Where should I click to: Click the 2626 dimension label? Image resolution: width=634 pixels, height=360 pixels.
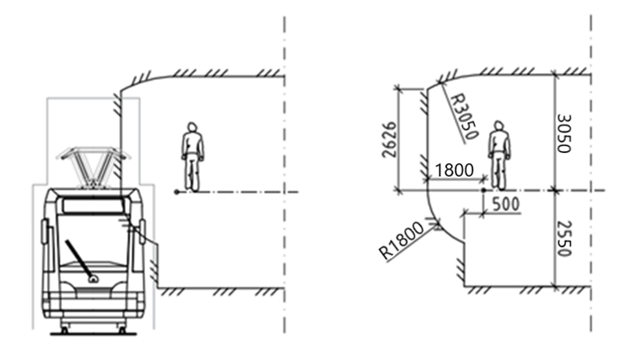click(x=389, y=139)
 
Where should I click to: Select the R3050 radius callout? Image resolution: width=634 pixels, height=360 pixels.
click(x=464, y=117)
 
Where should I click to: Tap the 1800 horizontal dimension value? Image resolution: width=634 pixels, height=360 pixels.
click(x=454, y=170)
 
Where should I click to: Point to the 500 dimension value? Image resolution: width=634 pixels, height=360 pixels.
click(x=505, y=204)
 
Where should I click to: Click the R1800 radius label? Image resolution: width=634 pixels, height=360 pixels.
click(x=402, y=241)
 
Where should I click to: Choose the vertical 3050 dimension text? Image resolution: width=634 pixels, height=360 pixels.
click(x=564, y=133)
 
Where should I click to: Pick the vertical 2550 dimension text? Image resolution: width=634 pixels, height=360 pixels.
click(x=564, y=239)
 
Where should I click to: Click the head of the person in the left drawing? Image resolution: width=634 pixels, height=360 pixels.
click(x=192, y=127)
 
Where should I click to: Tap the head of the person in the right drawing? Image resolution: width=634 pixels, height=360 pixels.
click(x=499, y=125)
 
